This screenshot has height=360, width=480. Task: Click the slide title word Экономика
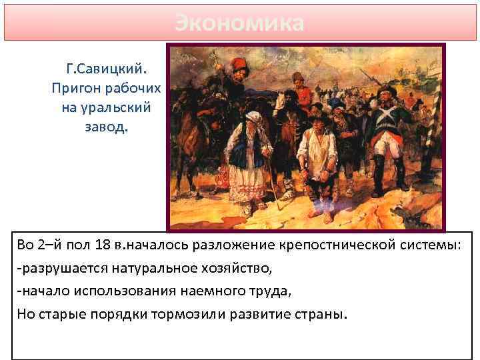[x=239, y=23]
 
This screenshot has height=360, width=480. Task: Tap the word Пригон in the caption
[x=73, y=88]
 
